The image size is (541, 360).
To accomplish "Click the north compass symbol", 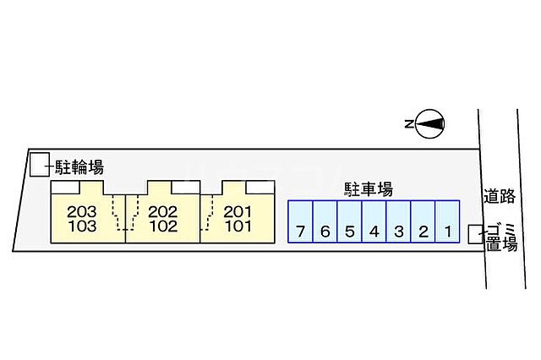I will click(429, 124).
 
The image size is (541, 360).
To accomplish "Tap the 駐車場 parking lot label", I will click(367, 189).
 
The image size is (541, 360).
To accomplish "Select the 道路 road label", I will click(500, 196).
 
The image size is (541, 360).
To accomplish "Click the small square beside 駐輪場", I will click(39, 165).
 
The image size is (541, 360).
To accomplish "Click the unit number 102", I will click(161, 226).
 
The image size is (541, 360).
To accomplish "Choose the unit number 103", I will click(81, 226).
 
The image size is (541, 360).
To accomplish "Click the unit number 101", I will click(238, 226).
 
